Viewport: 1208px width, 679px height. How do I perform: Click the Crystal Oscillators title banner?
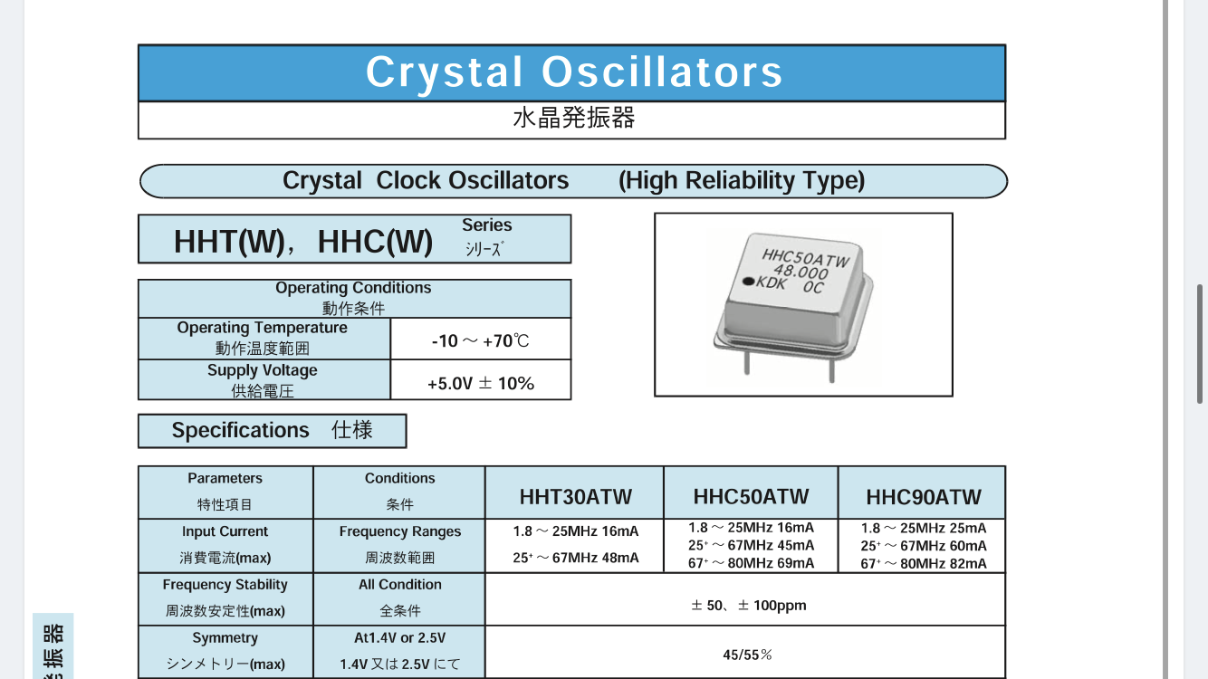tap(571, 72)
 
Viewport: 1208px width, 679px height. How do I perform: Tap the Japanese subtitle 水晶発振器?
tap(574, 118)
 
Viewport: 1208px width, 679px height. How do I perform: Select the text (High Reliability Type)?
tap(742, 181)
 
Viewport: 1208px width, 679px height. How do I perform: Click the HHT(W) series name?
tap(229, 241)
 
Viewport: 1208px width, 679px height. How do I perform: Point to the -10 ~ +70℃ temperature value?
tap(481, 340)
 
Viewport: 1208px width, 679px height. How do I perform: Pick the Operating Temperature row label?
tap(263, 339)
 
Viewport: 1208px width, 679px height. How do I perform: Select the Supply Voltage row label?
tap(263, 380)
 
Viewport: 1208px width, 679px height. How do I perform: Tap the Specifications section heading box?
tap(273, 431)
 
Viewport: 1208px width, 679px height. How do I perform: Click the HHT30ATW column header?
tap(575, 497)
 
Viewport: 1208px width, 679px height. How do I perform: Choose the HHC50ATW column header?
tap(752, 497)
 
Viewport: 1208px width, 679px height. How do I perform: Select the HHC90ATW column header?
tap(924, 497)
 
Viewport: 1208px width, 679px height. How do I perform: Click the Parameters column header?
tap(225, 478)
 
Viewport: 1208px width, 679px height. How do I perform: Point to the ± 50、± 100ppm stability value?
tap(749, 606)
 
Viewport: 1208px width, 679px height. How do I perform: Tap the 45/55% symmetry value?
tap(747, 655)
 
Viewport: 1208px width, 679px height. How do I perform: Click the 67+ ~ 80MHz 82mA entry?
tap(924, 564)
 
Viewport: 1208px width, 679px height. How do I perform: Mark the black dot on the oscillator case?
tap(749, 281)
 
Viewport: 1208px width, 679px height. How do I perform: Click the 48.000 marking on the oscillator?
tap(801, 273)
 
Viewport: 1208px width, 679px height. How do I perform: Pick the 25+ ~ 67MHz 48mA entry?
tap(575, 558)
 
